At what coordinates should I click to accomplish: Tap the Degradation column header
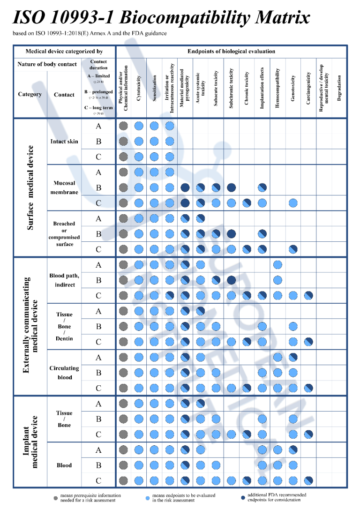[x=339, y=87]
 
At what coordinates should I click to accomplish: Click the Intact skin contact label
[x=64, y=141]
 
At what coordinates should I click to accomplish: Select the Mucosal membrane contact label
[x=64, y=187]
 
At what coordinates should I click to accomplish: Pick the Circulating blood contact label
[x=64, y=373]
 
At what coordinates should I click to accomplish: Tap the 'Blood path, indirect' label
[x=64, y=280]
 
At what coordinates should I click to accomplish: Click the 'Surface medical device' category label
[x=30, y=187]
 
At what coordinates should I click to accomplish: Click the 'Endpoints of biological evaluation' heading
[x=231, y=51]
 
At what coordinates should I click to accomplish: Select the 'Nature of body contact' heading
[x=47, y=64]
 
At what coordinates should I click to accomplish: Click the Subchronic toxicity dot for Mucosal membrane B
[x=231, y=187]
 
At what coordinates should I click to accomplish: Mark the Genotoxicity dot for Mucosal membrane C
[x=293, y=203]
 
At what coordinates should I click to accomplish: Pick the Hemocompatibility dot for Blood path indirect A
[x=277, y=265]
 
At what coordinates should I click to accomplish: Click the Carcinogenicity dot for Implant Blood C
[x=308, y=480]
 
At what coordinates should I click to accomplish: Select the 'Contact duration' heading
[x=98, y=65]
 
